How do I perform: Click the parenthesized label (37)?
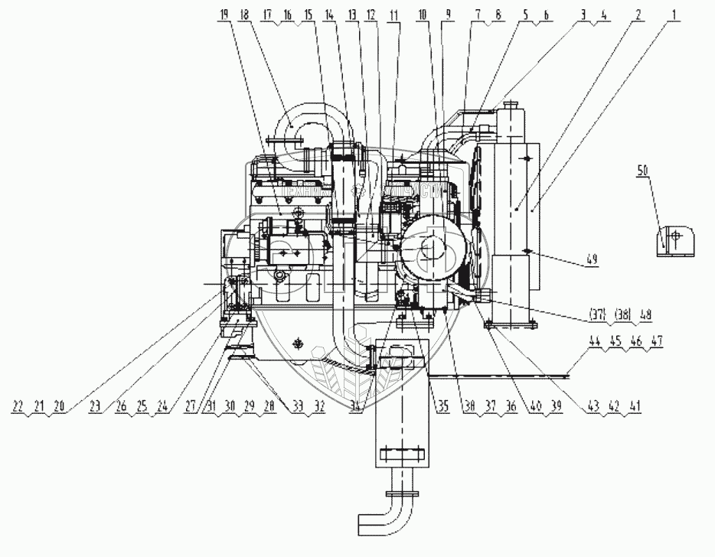pyautogui.click(x=598, y=314)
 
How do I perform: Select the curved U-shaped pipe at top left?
pyautogui.click(x=306, y=130)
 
